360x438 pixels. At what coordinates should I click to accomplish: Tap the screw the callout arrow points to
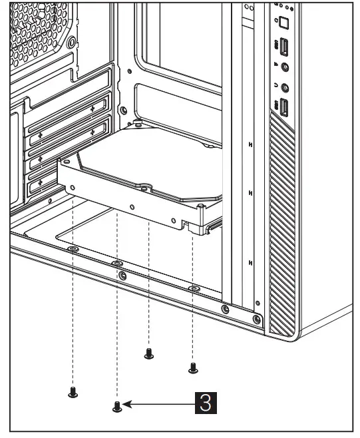[x=117, y=405]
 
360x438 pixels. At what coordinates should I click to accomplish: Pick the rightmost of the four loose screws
[x=193, y=367]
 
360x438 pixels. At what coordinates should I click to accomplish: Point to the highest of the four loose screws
[x=148, y=353]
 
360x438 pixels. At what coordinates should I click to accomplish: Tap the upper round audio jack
[x=285, y=67]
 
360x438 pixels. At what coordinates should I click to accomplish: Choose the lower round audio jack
[x=285, y=87]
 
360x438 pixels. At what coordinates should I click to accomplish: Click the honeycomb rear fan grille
[x=37, y=33]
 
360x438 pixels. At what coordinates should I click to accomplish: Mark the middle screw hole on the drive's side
[x=132, y=206]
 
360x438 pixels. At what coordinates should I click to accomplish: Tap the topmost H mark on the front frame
[x=249, y=144]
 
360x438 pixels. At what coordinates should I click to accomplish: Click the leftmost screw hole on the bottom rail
[x=73, y=249]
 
